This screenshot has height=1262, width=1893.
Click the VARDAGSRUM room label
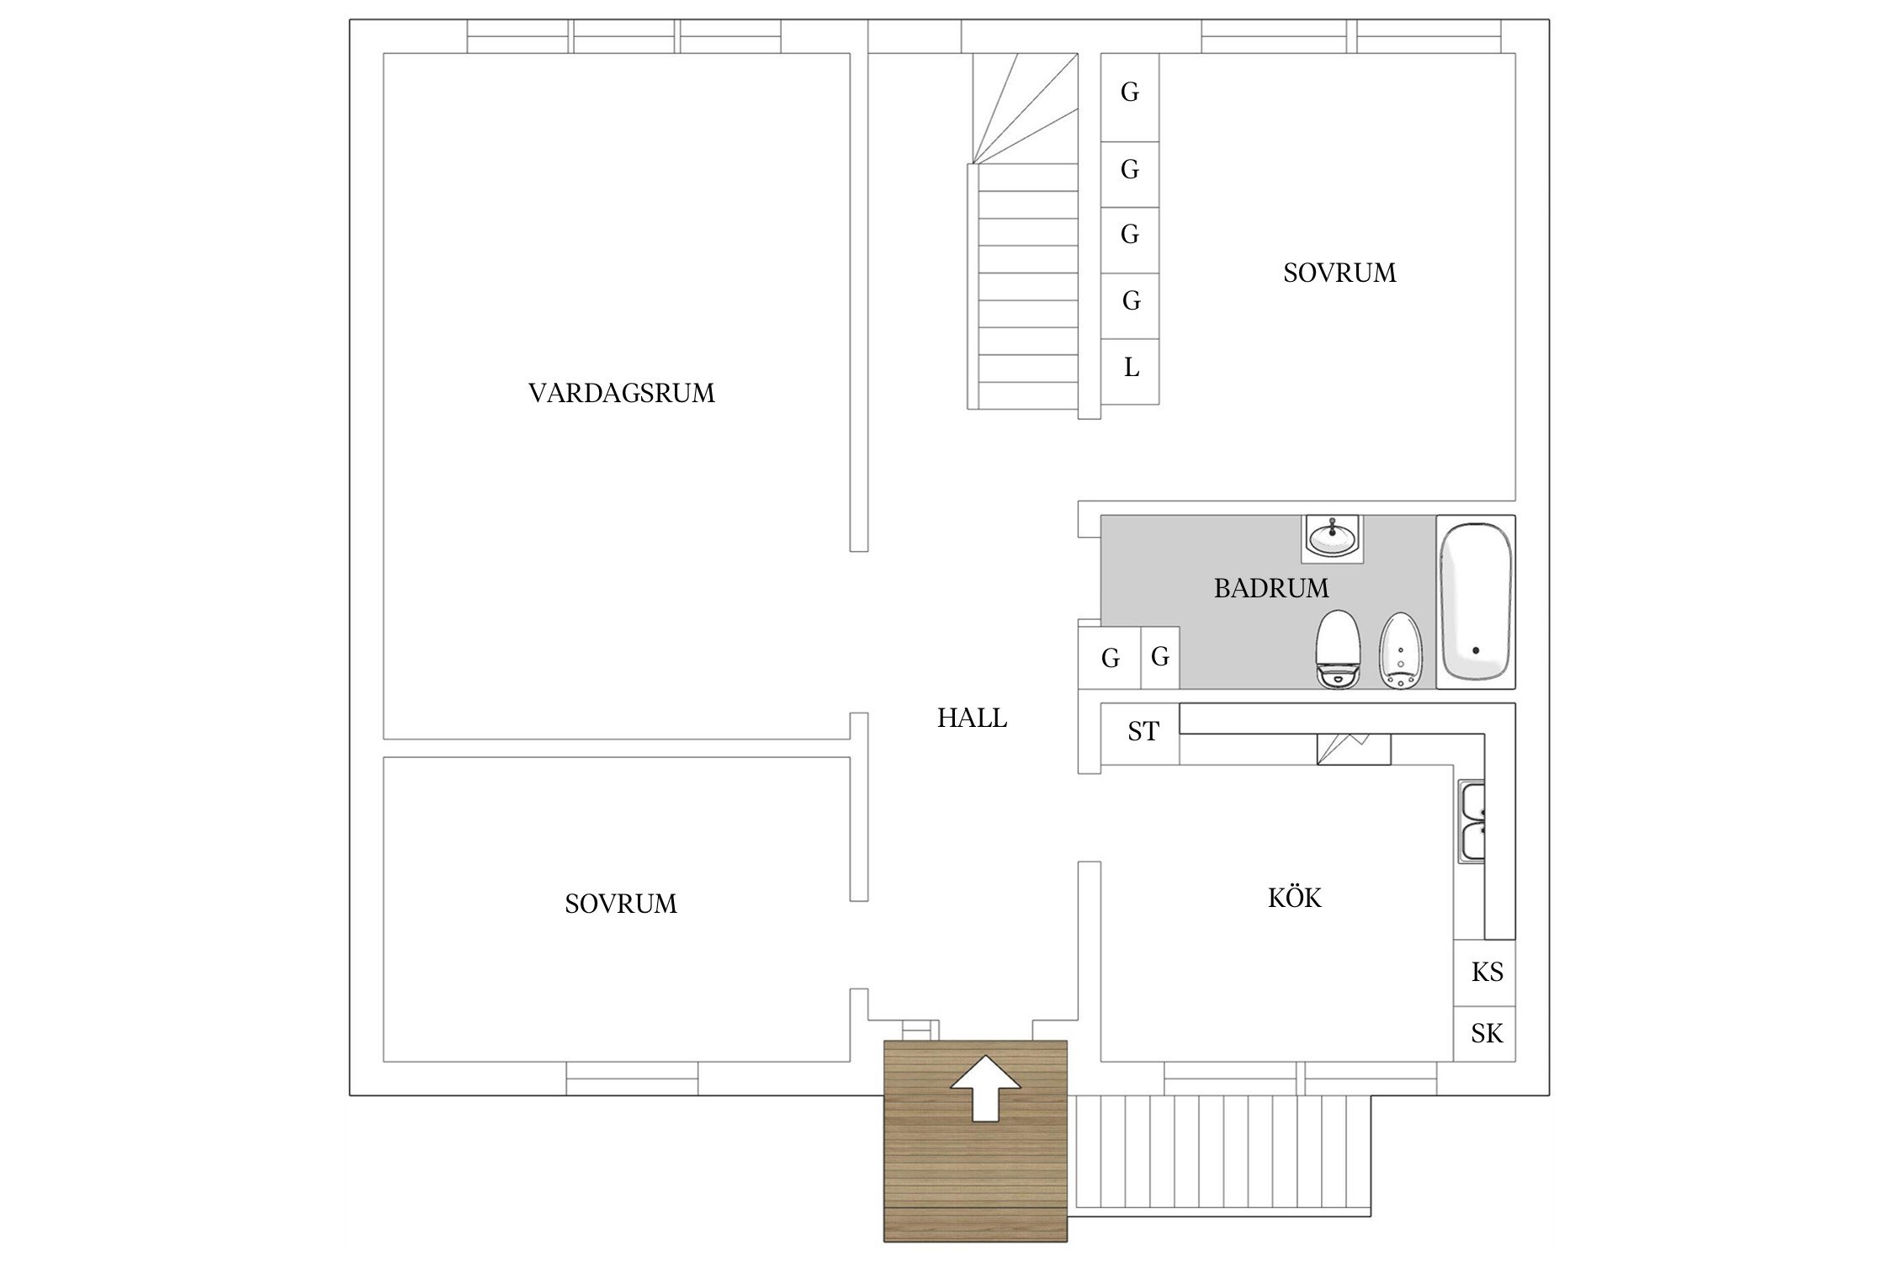621,393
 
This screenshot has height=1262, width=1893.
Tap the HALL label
972,718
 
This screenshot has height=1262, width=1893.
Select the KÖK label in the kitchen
1294,898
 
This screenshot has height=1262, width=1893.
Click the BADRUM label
1270,587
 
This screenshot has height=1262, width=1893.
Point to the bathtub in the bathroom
1475,602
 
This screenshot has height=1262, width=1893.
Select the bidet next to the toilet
1400,650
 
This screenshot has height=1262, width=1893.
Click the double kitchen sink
1471,823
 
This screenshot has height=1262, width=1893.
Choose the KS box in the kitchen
1485,973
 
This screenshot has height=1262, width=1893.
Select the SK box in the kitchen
1485,1033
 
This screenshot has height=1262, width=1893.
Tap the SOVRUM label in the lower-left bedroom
621,904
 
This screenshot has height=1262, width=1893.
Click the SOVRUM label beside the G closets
1339,273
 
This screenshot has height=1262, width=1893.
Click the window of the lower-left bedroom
632,1078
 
